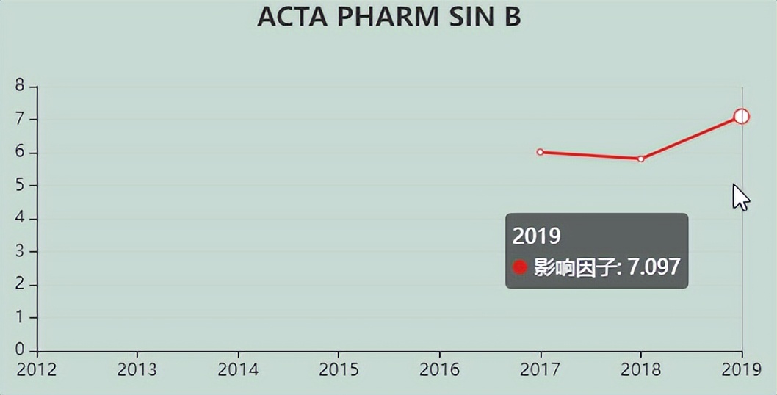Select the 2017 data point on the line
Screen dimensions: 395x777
coord(541,152)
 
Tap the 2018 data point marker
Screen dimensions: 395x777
coord(641,159)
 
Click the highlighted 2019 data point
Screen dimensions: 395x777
coord(741,116)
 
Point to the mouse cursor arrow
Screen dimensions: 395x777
coord(740,196)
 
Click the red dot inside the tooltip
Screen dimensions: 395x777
coord(520,267)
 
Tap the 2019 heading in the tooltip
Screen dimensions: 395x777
coord(536,236)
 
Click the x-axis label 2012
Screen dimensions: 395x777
coord(37,369)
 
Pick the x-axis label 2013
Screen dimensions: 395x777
coord(137,369)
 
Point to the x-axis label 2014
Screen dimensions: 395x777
coord(238,369)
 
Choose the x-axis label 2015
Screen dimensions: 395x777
coord(339,369)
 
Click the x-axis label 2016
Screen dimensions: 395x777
coord(439,369)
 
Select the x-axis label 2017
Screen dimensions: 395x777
coord(541,369)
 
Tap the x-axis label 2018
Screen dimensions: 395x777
coord(641,369)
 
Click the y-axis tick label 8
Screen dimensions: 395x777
coord(20,86)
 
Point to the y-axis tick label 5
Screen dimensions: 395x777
coord(20,186)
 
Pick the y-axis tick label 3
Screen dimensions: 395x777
coord(20,252)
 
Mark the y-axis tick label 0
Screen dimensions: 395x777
coord(20,349)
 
